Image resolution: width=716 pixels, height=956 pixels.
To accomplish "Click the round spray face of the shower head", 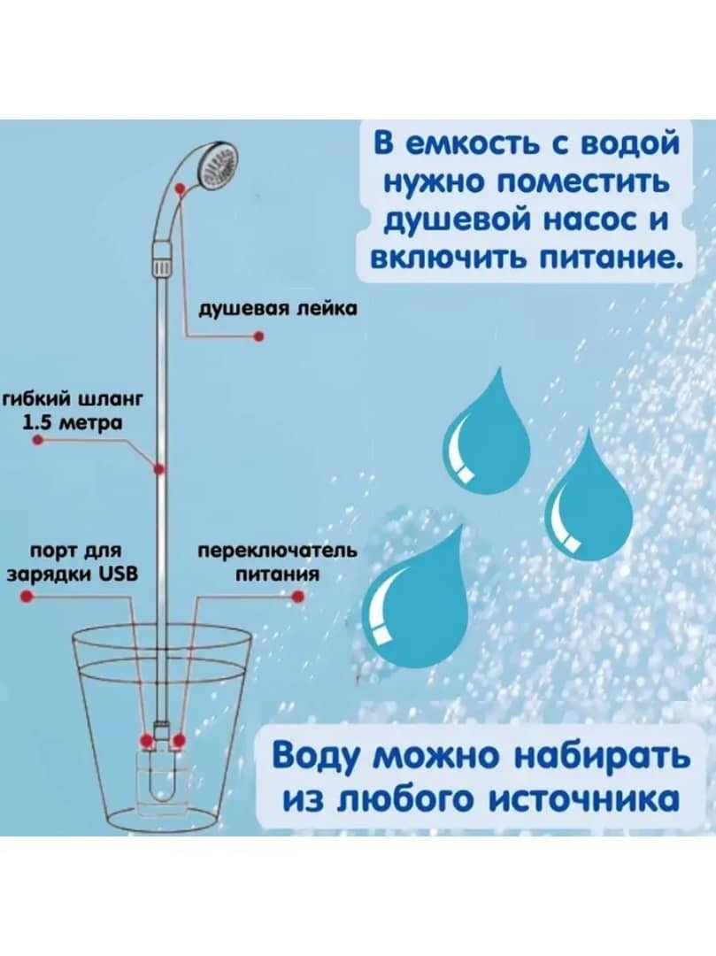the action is (x=219, y=166).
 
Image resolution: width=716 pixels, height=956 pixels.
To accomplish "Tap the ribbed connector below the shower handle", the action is (x=160, y=263).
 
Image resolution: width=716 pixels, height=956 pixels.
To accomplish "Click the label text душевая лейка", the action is (x=277, y=309).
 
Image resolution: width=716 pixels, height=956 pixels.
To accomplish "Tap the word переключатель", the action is (x=276, y=551).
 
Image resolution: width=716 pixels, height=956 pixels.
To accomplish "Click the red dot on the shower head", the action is (x=181, y=189).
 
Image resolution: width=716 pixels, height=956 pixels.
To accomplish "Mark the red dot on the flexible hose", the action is (x=159, y=467).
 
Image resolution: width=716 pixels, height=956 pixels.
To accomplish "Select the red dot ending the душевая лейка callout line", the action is (x=259, y=336).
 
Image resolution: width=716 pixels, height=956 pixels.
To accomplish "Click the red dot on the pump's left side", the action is (x=145, y=739).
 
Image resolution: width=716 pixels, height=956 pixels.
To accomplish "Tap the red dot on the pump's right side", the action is (x=179, y=739).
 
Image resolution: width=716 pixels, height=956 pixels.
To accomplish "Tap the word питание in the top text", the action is (x=597, y=258).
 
